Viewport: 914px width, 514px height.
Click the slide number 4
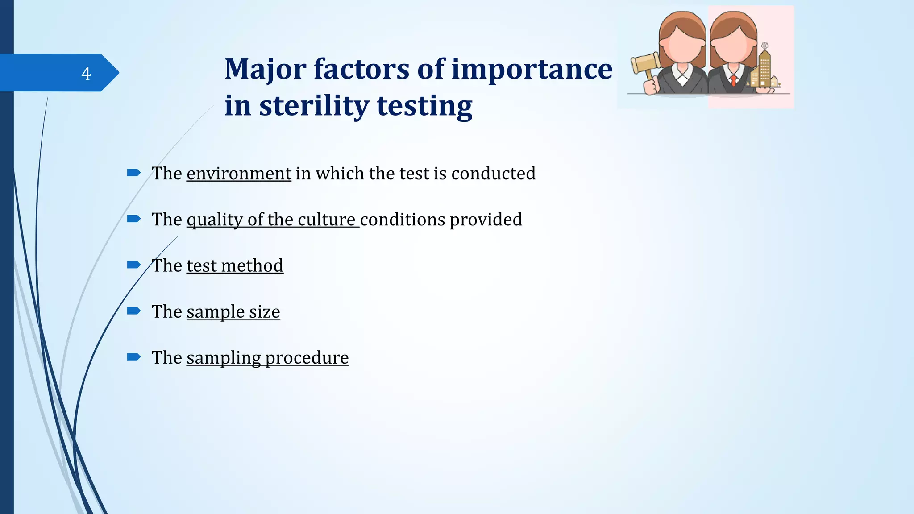click(x=86, y=73)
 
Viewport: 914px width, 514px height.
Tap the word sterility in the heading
click(x=314, y=106)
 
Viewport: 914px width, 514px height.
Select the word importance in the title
click(x=532, y=70)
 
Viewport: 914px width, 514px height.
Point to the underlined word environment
click(x=239, y=174)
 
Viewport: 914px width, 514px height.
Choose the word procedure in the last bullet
click(x=307, y=358)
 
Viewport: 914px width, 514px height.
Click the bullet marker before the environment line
click(x=133, y=173)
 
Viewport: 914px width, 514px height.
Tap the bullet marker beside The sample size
click(x=133, y=311)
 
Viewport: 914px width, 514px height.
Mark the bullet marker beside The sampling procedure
click(x=133, y=357)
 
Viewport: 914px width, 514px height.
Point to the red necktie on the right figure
click(x=733, y=81)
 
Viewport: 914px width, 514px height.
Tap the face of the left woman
click(x=681, y=45)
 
